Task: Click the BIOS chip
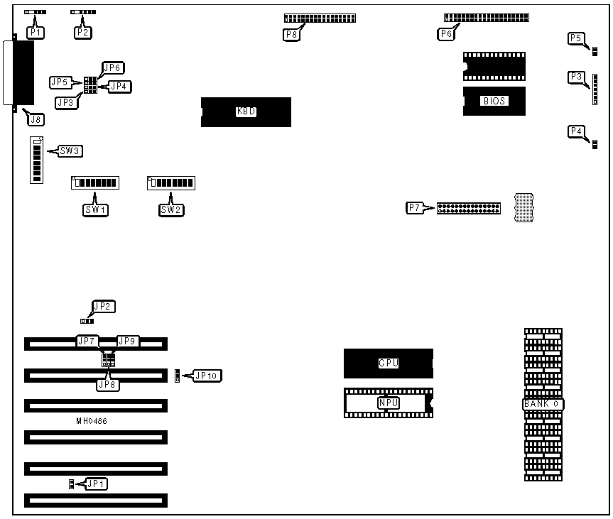tap(494, 101)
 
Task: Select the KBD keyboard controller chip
tap(246, 112)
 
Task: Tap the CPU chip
tap(388, 363)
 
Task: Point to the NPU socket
tap(388, 403)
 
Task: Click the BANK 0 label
tap(543, 404)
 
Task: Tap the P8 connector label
tap(291, 33)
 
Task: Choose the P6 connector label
tap(446, 33)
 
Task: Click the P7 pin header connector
tap(469, 208)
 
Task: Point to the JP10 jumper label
tap(206, 376)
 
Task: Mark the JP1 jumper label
tap(97, 484)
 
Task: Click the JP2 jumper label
tap(103, 307)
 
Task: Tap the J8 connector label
tap(34, 119)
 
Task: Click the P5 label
tap(577, 38)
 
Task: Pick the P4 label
tap(577, 131)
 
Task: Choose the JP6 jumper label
tap(113, 68)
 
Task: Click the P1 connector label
tap(35, 33)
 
